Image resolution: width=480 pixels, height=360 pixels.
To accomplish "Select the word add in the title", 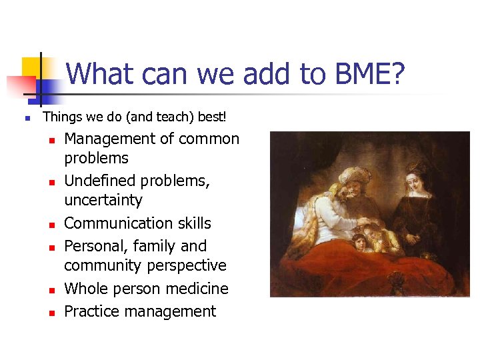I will click(x=269, y=74).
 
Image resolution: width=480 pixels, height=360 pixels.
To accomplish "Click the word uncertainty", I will click(x=103, y=200).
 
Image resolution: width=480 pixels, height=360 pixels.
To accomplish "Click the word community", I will click(x=101, y=265).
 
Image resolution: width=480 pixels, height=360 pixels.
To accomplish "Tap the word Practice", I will click(x=90, y=311).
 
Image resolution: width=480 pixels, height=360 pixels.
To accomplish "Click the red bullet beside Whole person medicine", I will click(x=50, y=290).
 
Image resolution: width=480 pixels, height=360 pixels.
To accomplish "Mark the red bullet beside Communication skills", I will click(x=50, y=225).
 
